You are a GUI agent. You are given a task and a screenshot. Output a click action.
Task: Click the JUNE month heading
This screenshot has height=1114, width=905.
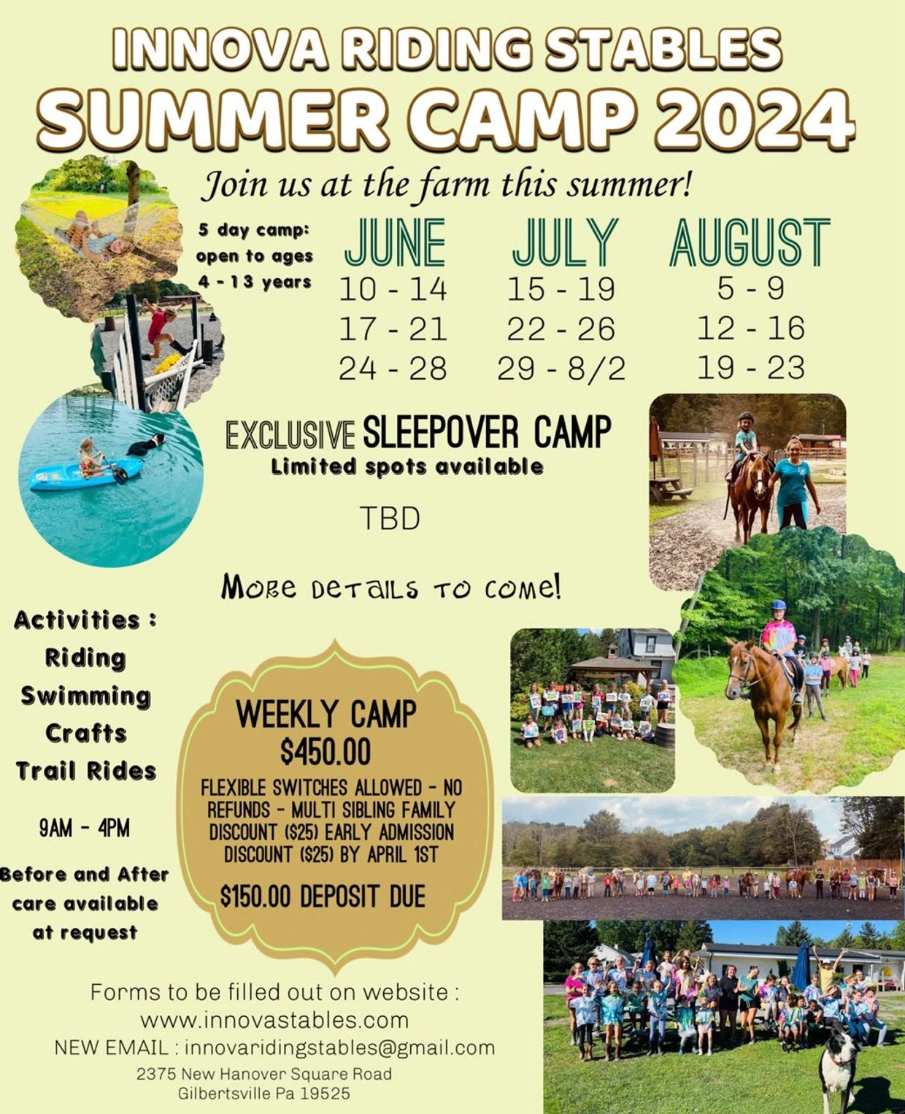395,242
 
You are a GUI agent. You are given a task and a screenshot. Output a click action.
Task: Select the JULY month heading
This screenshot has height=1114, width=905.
565,242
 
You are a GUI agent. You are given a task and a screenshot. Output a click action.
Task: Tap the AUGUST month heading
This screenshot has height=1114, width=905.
750,242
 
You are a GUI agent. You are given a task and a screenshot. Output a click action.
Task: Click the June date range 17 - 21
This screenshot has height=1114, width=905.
393,329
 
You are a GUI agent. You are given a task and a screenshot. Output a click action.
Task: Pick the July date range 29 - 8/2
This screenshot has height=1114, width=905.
561,369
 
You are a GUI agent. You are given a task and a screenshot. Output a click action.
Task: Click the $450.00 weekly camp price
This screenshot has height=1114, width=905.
326,752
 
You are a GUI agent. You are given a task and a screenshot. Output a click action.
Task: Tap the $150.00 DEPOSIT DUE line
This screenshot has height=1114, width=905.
323,896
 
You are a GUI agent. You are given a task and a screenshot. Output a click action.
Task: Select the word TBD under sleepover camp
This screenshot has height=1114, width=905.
390,519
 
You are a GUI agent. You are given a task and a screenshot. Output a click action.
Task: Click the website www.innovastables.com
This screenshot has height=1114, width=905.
274,1021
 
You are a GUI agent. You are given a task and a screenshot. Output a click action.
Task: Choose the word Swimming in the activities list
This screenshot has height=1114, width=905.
85,696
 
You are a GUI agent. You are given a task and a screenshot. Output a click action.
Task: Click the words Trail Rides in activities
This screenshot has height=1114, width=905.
86,771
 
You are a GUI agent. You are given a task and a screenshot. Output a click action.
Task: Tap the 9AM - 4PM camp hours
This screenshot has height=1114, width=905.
84,829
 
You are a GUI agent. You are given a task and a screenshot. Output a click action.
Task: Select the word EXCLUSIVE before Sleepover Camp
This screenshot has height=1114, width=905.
290,434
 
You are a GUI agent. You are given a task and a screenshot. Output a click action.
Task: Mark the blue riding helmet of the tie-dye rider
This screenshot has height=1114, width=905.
778,605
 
